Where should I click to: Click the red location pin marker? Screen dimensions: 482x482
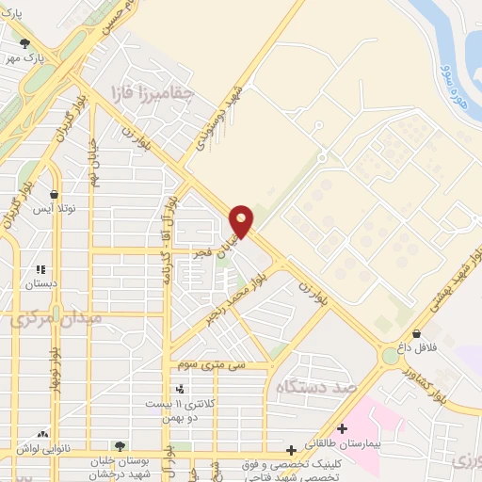coord(242,220)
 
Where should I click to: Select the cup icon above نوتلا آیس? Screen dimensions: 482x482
coord(54,196)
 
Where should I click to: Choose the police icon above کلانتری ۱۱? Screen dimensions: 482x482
coord(180,388)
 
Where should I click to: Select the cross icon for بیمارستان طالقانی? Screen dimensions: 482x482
coord(341,429)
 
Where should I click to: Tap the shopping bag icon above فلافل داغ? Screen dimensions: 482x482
coord(416,333)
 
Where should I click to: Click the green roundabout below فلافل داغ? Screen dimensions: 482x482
coord(390,356)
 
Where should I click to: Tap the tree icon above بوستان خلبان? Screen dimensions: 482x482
coord(119,445)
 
